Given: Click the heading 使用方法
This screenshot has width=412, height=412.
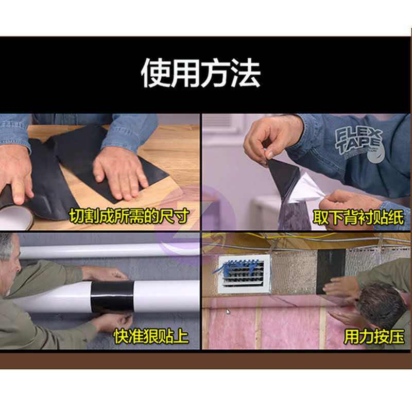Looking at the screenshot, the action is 201,73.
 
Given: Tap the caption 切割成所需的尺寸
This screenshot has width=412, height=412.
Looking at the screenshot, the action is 129,216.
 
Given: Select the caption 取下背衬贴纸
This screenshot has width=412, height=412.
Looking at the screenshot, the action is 358,217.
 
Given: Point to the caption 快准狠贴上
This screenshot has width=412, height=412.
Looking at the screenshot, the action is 151,336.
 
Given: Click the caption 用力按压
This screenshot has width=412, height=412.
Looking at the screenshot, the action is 374,337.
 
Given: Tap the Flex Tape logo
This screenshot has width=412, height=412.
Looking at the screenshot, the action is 359,145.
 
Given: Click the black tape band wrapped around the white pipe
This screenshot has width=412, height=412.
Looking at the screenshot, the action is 112,296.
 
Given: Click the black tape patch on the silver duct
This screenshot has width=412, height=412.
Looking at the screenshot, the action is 331,271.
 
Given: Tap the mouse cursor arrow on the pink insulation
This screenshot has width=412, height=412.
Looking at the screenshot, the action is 228,312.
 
